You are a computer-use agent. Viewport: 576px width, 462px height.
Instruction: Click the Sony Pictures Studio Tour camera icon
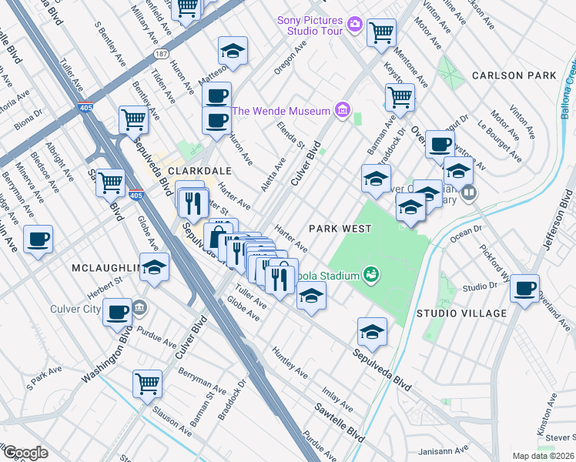[354, 24]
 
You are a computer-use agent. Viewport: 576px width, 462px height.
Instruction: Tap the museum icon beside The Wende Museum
[342, 111]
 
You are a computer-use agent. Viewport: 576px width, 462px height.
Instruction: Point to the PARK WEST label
[340, 229]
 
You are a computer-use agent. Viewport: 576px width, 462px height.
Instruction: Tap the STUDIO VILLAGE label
[461, 313]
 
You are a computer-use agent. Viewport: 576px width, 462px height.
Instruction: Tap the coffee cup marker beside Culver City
[117, 312]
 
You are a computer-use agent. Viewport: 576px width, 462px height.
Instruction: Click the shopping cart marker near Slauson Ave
[147, 383]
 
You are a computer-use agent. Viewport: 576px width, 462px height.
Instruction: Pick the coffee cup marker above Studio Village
[525, 289]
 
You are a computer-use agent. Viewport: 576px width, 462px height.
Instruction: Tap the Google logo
[26, 453]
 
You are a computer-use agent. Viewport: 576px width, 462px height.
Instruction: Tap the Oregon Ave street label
[290, 59]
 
